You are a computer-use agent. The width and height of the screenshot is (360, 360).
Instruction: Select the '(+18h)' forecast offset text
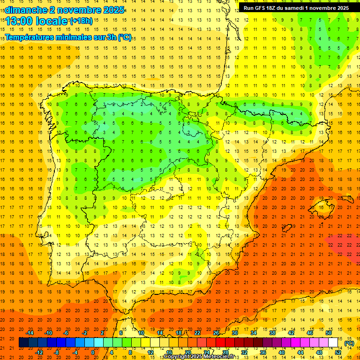pyautogui.click(x=81, y=21)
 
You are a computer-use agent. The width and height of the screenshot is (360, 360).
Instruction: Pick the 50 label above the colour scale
pyautogui.click(x=328, y=332)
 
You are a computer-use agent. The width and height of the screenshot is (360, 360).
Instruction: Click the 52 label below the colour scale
pyautogui.click(x=337, y=352)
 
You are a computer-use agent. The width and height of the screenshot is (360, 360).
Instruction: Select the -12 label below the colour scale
pyautogui.click(x=39, y=352)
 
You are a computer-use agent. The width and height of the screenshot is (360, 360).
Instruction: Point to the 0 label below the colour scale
pyautogui.click(x=93, y=352)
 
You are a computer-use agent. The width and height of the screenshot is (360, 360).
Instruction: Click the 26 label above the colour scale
pyautogui.click(x=216, y=332)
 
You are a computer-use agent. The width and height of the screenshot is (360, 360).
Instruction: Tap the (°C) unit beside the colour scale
pyautogui.click(x=349, y=343)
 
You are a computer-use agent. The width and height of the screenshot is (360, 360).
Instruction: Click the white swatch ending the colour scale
pyautogui.click(x=333, y=343)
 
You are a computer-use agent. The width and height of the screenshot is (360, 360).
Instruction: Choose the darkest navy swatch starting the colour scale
pyautogui.click(x=23, y=343)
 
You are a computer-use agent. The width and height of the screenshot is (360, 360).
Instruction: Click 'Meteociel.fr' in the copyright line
pyautogui.click(x=215, y=357)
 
